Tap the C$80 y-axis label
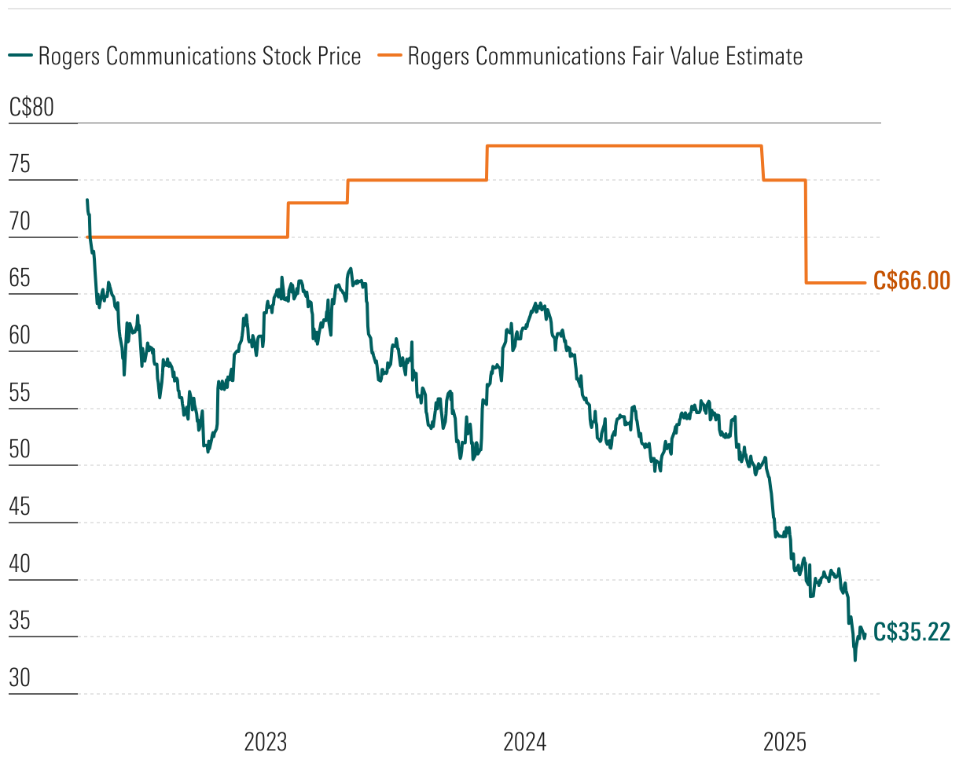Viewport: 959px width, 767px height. (x=31, y=108)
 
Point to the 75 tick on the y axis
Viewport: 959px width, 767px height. (x=20, y=165)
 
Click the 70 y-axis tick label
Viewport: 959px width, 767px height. (x=20, y=222)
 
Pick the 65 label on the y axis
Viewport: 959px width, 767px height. (x=20, y=280)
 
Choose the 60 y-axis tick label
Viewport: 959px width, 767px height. (x=20, y=336)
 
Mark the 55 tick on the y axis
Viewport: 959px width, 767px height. (x=20, y=394)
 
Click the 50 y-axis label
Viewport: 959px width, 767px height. (x=20, y=451)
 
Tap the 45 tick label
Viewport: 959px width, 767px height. (x=20, y=508)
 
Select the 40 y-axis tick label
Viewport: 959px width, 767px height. (x=20, y=565)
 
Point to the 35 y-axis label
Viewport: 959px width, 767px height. (x=20, y=622)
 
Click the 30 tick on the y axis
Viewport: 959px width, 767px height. (x=20, y=679)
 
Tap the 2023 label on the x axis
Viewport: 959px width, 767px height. (x=266, y=742)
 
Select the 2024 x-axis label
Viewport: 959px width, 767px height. (x=525, y=742)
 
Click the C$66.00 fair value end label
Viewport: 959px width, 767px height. (x=912, y=281)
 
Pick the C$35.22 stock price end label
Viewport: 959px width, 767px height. (x=912, y=632)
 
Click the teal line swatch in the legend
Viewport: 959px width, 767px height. (x=20, y=56)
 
